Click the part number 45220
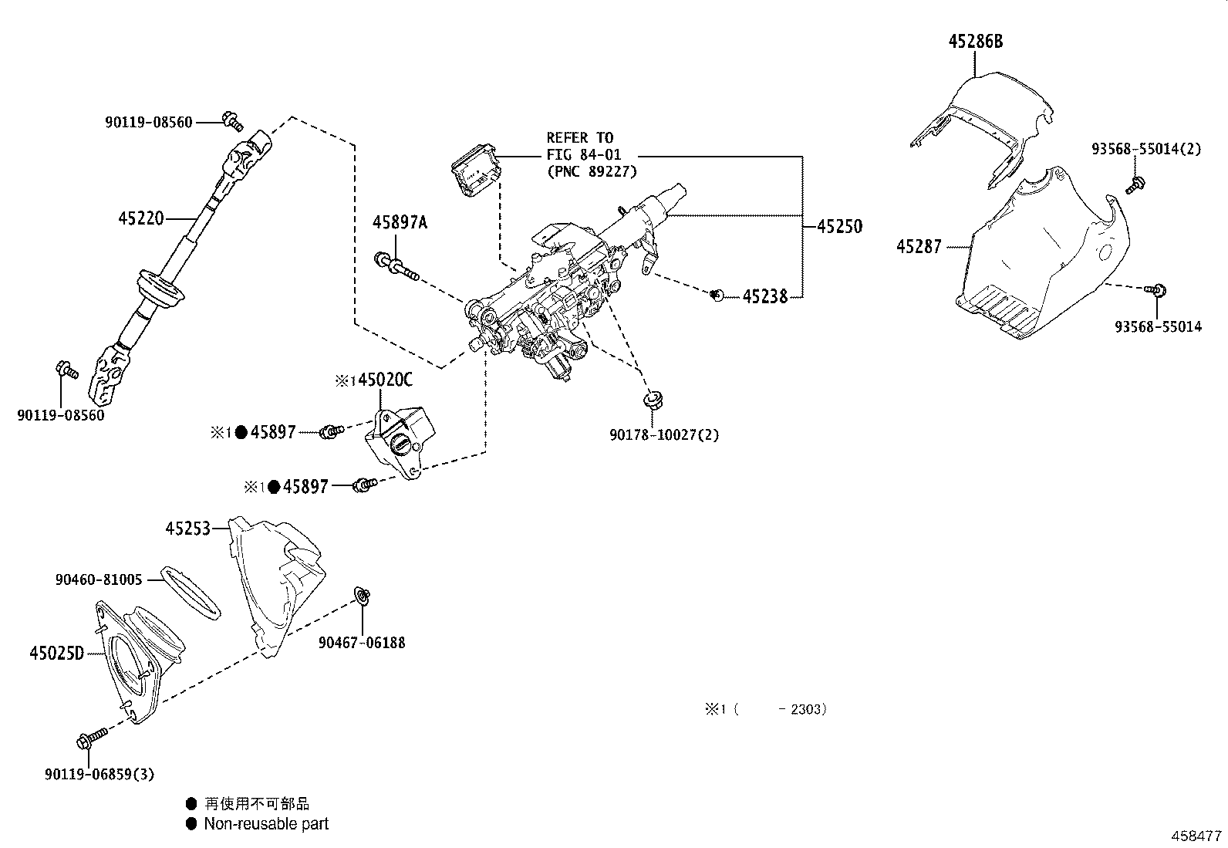coord(141,218)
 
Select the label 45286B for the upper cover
coord(975,42)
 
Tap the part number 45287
coord(919,247)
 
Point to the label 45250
coord(839,226)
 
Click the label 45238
coord(765,296)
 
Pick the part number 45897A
coord(399,222)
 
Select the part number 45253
coord(187,528)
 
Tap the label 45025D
coord(56,654)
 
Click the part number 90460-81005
coord(99,579)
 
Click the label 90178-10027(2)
coord(663,434)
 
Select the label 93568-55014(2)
coord(1145,149)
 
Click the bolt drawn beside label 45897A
coord(396,266)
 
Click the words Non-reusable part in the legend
coord(266,824)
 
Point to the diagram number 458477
coord(1196,836)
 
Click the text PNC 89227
coord(592,171)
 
